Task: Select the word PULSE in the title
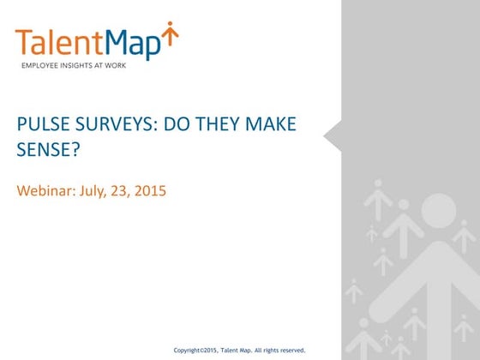coord(42,125)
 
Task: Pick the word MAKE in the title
coord(272,125)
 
